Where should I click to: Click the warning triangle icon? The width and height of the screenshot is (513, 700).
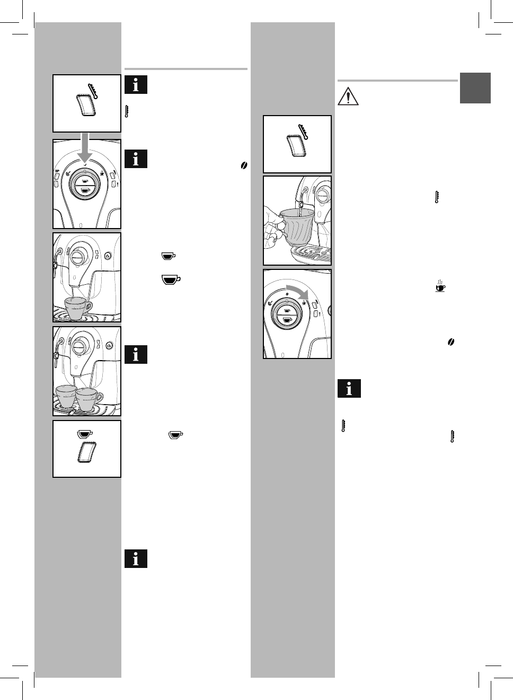tap(348, 96)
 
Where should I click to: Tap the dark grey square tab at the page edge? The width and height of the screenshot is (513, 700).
tap(475, 88)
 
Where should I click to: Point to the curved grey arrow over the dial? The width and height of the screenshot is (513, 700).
tap(298, 292)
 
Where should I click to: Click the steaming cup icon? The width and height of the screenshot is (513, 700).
tap(440, 286)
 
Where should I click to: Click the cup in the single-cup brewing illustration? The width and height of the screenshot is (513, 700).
tap(77, 308)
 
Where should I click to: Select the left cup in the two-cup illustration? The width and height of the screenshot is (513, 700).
tap(66, 397)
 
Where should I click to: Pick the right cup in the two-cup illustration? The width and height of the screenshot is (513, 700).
tap(89, 399)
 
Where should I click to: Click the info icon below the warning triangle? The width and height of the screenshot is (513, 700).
tap(349, 389)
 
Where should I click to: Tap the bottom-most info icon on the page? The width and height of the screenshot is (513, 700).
tap(136, 558)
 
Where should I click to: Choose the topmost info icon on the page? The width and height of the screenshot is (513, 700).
tap(136, 85)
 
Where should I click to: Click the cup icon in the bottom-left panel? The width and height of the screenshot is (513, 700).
tap(85, 434)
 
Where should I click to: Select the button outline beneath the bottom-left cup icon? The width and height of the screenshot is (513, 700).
tap(85, 454)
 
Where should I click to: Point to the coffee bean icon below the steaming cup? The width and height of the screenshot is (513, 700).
tap(451, 343)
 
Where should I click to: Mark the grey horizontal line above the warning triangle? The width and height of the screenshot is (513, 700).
tap(397, 81)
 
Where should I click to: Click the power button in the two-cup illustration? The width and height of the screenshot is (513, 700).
tap(108, 345)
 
